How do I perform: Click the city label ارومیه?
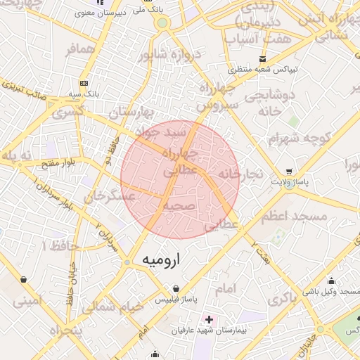[162, 259]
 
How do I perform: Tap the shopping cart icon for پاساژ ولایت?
[289, 172]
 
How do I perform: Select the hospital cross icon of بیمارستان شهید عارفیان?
[208, 319]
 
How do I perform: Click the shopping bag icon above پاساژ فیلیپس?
[176, 288]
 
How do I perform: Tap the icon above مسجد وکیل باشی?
[330, 281]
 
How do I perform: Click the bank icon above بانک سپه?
[84, 83]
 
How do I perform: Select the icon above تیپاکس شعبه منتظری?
[262, 58]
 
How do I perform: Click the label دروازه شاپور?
[170, 55]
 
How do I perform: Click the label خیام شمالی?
[112, 307]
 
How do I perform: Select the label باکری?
[282, 299]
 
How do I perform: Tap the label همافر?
[81, 50]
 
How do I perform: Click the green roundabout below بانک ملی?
[163, 22]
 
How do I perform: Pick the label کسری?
[68, 110]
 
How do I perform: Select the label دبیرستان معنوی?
[120, 12]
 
